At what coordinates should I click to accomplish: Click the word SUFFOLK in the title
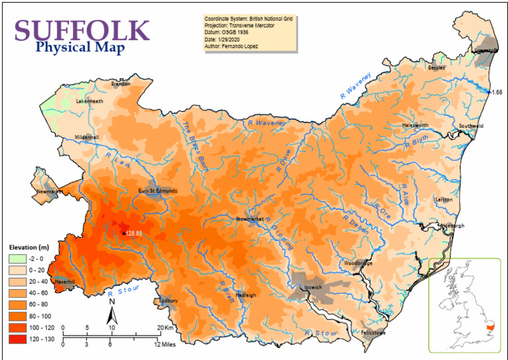tap(82, 30)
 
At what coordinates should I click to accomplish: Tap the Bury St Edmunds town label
tap(157, 191)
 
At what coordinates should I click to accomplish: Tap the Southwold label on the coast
tap(471, 126)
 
